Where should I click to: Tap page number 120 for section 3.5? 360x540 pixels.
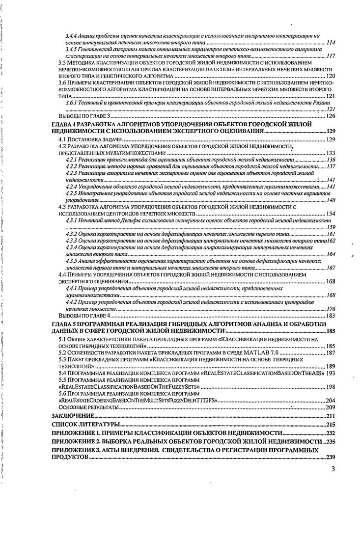330,77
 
